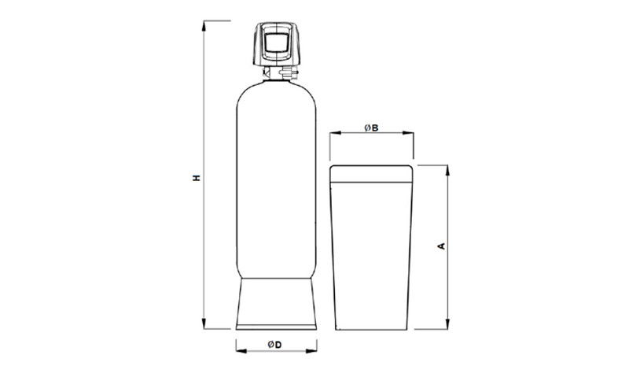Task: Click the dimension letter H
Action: (196, 177)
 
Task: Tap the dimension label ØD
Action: (275, 344)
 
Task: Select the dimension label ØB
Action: (371, 128)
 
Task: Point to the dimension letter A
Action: (441, 246)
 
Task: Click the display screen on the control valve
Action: (277, 43)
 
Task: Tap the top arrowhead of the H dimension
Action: (204, 26)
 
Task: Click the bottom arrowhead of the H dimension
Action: (204, 323)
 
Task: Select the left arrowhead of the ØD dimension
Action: (241, 351)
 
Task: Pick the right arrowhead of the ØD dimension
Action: (311, 351)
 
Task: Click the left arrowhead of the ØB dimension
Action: (336, 132)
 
